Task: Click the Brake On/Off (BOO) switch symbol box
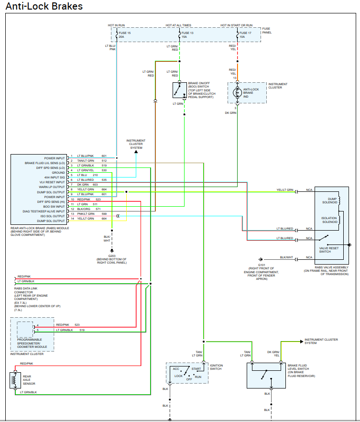(x=179, y=90)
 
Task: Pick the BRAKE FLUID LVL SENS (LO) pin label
(x=44, y=163)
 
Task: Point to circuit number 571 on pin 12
(x=98, y=209)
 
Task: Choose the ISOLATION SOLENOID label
(x=330, y=220)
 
